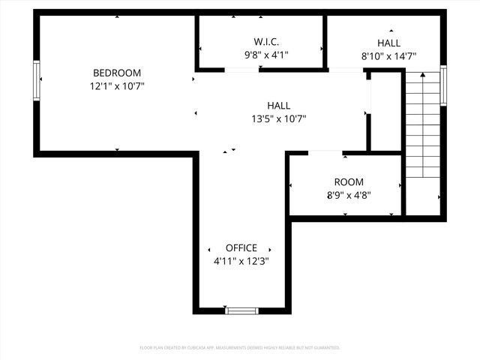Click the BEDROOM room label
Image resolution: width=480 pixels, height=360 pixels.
[116, 73]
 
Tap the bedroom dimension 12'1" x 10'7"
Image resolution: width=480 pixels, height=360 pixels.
[116, 86]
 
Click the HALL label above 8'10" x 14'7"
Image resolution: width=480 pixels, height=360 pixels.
[388, 43]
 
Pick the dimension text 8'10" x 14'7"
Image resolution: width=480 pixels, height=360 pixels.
[388, 55]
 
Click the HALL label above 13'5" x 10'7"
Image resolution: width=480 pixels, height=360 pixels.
[278, 106]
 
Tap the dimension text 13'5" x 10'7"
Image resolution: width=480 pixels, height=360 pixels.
[278, 118]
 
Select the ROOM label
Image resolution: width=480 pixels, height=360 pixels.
[348, 182]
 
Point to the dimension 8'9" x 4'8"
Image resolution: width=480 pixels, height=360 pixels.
[348, 195]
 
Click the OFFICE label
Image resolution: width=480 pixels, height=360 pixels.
[241, 248]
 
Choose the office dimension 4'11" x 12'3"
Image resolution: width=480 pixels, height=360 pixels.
[241, 261]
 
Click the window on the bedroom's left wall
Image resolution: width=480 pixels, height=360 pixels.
[36, 79]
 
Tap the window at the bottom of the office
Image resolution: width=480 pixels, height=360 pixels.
[241, 310]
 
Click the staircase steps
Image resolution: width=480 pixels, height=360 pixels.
[422, 124]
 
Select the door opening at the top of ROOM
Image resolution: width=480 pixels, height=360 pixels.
[325, 152]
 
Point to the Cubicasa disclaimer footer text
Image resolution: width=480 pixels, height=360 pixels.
[240, 348]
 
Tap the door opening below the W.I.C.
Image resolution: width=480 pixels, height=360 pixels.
[241, 70]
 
